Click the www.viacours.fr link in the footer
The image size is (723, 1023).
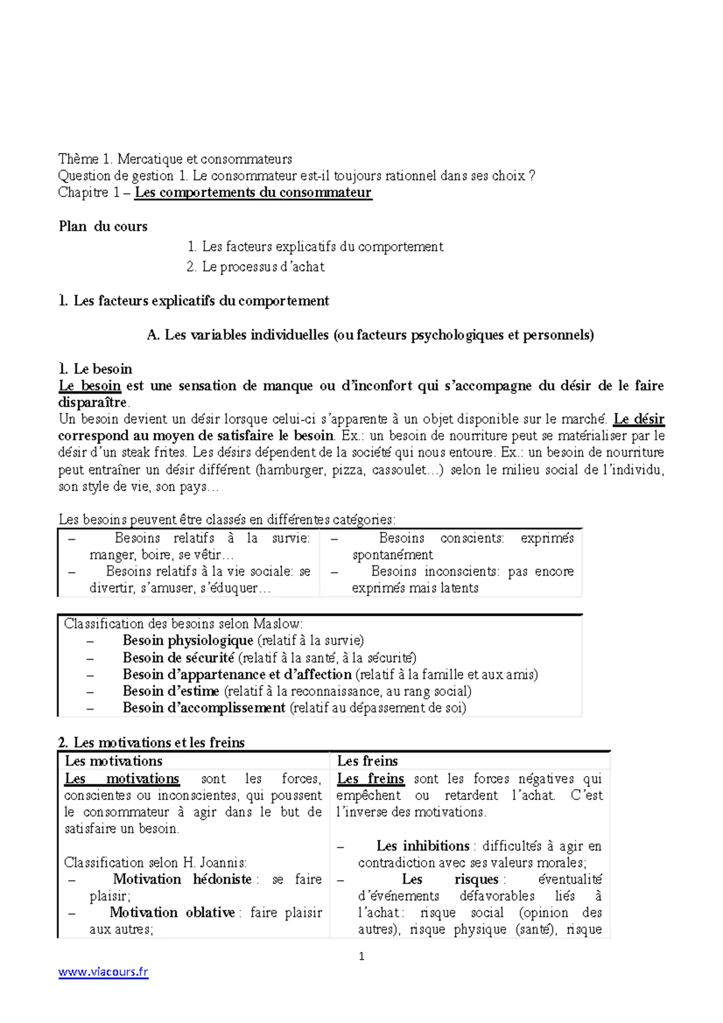click(103, 971)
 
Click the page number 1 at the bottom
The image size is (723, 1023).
click(361, 956)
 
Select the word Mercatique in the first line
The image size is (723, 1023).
click(150, 159)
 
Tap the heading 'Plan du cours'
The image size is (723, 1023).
click(103, 227)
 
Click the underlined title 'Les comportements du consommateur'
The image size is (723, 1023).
click(253, 193)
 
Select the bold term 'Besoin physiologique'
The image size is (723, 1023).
click(187, 640)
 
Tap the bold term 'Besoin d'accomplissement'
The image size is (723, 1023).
click(204, 708)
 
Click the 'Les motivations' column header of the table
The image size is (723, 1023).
click(113, 761)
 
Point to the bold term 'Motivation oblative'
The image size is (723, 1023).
click(172, 913)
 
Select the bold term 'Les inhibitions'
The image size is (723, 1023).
click(423, 846)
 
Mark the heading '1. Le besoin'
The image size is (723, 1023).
click(95, 369)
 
